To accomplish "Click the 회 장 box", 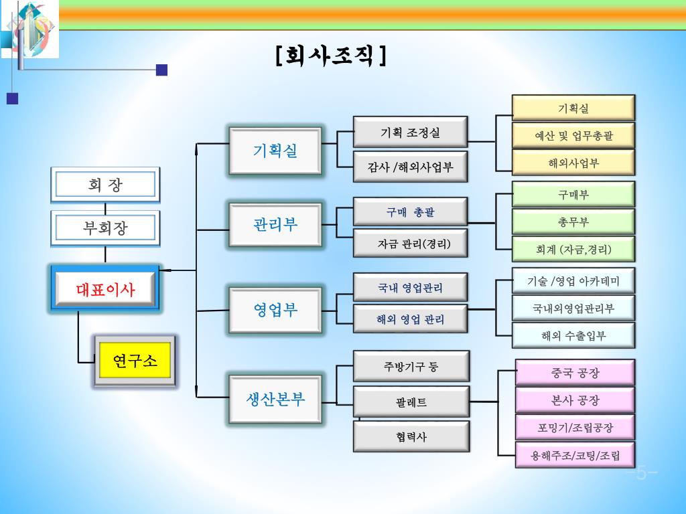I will click(105, 184).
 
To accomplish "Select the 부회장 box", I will click(105, 228).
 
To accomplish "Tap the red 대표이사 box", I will click(105, 290).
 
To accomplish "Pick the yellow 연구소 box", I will click(135, 361).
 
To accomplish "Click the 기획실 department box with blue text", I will click(275, 151).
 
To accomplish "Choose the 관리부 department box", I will click(275, 224).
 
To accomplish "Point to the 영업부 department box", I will click(275, 310).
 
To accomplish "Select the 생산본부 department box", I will click(275, 400).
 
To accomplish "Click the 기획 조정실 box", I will click(410, 133).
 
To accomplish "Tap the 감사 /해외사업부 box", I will click(410, 167).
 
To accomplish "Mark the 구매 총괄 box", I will click(410, 212).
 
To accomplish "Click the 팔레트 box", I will click(411, 402).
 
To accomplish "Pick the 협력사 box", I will click(411, 437).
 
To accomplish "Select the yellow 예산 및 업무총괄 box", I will click(573, 136).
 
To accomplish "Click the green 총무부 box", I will click(573, 222).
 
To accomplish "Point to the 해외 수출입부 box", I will click(573, 335).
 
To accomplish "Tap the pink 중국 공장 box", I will click(575, 373).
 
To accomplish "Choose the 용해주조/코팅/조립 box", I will click(575, 456).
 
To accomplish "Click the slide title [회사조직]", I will click(331, 56).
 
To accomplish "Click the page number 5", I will click(642, 474).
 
